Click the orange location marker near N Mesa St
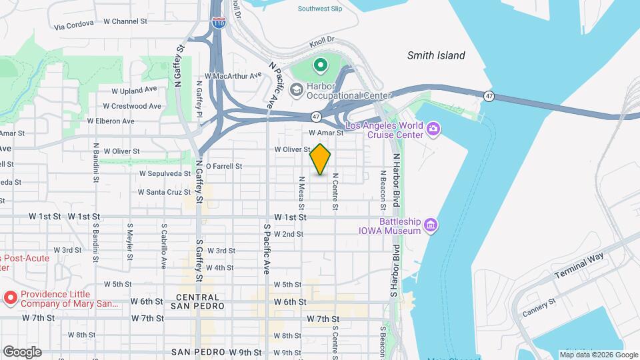[x=321, y=160]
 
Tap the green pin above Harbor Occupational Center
[x=320, y=65]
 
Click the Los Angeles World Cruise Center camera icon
[x=433, y=128]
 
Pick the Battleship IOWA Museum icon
[x=431, y=225]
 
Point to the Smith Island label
[x=436, y=55]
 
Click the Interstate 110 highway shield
[x=218, y=23]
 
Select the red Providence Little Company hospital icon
[x=11, y=297]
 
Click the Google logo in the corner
[x=21, y=352]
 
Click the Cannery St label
[x=539, y=306]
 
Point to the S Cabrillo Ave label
[x=163, y=245]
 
